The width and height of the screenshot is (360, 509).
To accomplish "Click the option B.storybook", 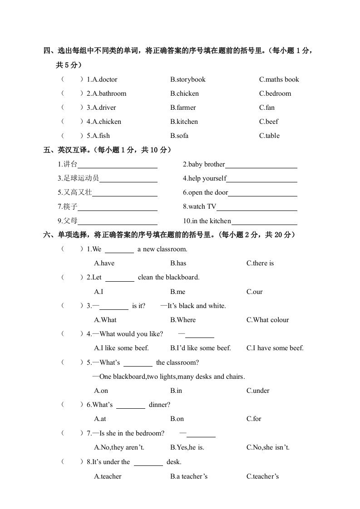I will [x=188, y=79].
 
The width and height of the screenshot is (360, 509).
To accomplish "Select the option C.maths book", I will [x=279, y=79].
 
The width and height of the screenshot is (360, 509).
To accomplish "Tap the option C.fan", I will [x=267, y=108].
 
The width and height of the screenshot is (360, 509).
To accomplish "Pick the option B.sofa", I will [x=179, y=136].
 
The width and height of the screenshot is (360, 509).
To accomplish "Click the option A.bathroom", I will [x=109, y=93].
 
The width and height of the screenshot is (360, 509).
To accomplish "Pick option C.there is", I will [x=260, y=263].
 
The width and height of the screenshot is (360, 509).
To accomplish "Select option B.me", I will [x=178, y=292].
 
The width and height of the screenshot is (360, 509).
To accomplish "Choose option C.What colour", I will [x=268, y=320].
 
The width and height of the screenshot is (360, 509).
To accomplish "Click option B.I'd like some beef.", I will [x=201, y=348].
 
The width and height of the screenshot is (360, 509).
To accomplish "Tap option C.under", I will [x=258, y=391].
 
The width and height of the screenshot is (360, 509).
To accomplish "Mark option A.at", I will [x=100, y=419].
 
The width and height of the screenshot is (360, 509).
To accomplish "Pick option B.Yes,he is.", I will [x=187, y=447].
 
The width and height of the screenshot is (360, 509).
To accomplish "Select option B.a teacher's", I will [x=189, y=476].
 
